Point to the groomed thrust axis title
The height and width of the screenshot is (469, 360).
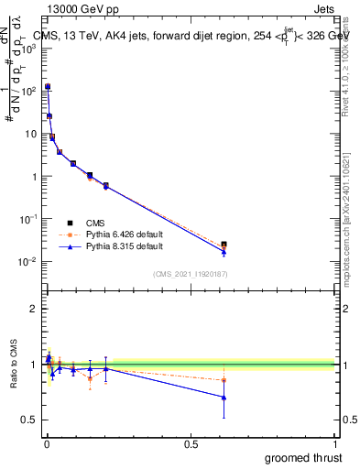pyautogui.click(x=305, y=457)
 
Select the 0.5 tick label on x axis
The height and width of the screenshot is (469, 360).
pyautogui.click(x=191, y=444)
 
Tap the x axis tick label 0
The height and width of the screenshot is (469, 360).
pyautogui.click(x=47, y=444)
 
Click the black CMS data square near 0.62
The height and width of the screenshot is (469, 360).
pyautogui.click(x=224, y=245)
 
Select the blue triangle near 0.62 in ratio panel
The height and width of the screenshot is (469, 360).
pyautogui.click(x=224, y=397)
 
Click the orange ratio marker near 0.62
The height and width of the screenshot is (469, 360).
pyautogui.click(x=224, y=379)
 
